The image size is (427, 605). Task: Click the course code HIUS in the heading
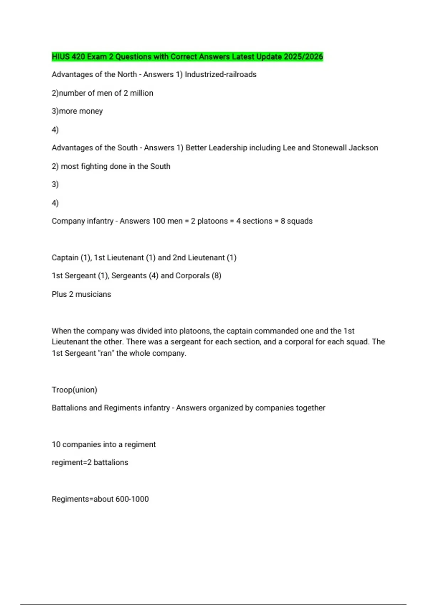click(61, 57)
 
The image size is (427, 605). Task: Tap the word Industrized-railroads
click(221, 74)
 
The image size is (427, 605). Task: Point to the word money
click(91, 111)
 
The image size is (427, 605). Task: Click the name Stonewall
click(329, 148)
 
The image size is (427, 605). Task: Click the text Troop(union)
click(74, 390)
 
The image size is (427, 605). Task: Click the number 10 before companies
click(56, 444)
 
